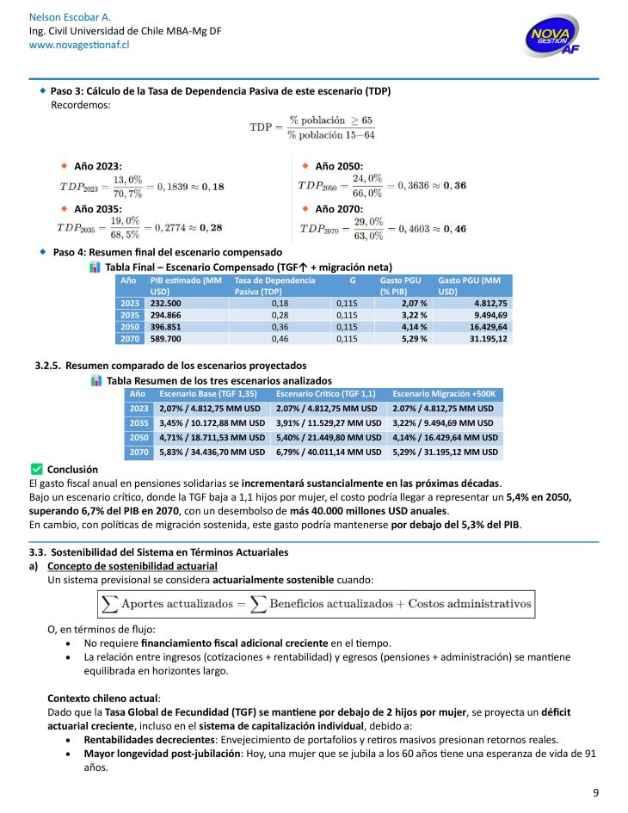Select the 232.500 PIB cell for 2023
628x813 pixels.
[x=166, y=303]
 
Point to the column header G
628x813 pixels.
[x=352, y=280]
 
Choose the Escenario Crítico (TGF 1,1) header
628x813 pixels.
[x=329, y=393]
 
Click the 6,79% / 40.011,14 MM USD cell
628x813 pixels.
[x=329, y=452]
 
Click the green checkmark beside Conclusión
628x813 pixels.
[x=36, y=469]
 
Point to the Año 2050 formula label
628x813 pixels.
[x=339, y=165]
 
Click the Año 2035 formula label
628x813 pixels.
[x=97, y=208]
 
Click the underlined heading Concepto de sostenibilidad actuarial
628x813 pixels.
[x=132, y=565]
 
